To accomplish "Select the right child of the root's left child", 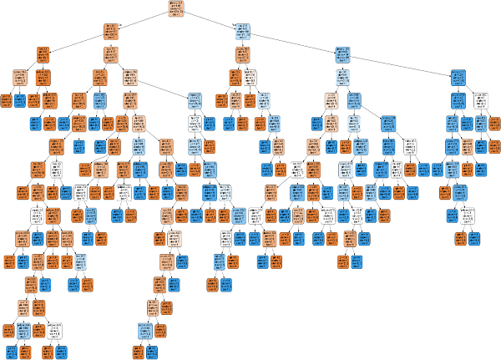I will click(110, 55).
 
